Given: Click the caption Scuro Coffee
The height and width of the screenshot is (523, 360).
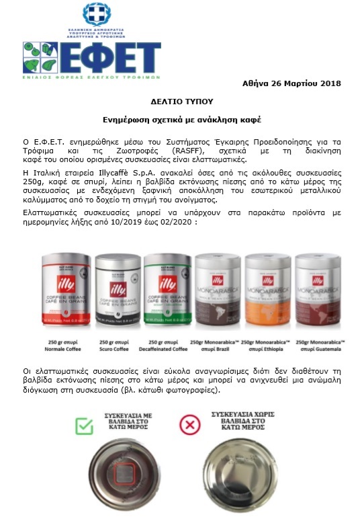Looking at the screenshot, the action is click(116, 350).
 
